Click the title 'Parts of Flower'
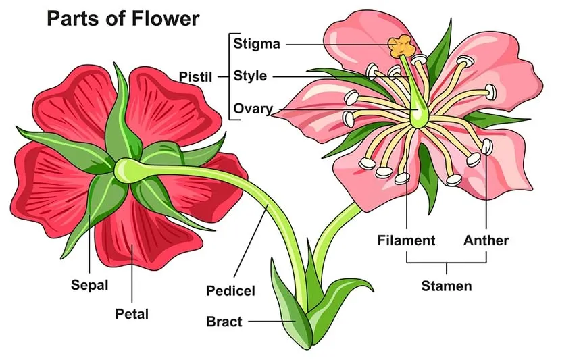[123, 18]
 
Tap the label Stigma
[256, 45]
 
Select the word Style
[250, 76]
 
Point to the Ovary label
[253, 109]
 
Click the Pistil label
[195, 76]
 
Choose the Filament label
[406, 240]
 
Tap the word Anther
[486, 240]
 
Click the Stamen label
[447, 286]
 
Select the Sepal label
[89, 284]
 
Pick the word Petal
[132, 313]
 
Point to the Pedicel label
[230, 291]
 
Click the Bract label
[224, 322]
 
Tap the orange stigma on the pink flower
[401, 46]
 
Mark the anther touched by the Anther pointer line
[487, 145]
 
